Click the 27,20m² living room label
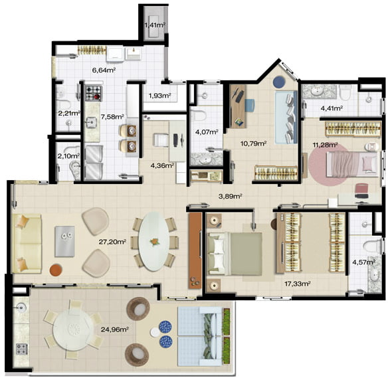pos(112,241)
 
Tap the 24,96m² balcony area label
pos(114,330)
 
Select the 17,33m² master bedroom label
pos(297,284)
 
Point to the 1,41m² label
pos(155,25)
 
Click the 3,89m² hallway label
pos(231,196)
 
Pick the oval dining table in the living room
pos(153,241)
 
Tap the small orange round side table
pos(56,270)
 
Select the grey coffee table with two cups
pos(64,241)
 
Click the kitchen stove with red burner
pos(94,93)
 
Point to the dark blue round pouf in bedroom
pos(279,81)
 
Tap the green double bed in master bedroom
pos(235,254)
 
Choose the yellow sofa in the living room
pos(27,243)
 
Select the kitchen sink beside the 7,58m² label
pos(92,122)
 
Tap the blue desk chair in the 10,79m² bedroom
pos(250,106)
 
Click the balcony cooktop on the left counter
pos(22,349)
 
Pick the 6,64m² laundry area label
pos(104,70)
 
